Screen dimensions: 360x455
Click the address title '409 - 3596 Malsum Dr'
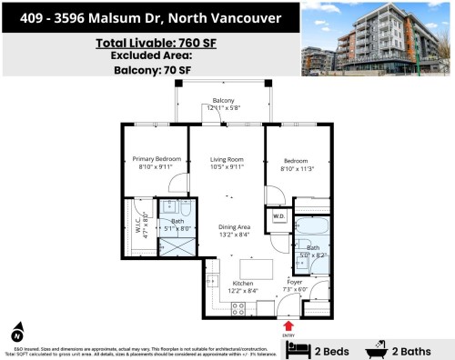[148, 17]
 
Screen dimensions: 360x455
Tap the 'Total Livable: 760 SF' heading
[148, 43]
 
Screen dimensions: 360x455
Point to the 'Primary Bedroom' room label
[155, 158]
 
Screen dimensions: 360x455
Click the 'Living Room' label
[227, 158]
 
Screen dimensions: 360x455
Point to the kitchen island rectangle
[255, 269]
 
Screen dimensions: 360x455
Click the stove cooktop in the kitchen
[239, 309]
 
